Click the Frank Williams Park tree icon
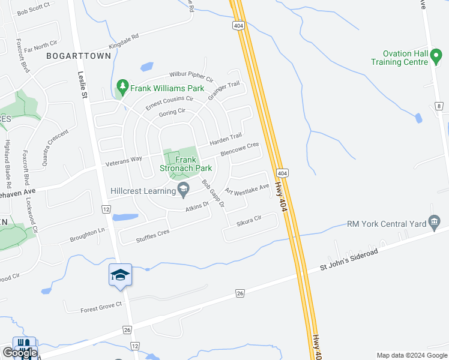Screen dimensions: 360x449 (122, 88)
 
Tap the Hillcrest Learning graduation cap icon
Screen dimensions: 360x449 (184, 191)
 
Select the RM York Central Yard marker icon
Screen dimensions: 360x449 (434, 223)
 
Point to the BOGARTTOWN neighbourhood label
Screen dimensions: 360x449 (79, 56)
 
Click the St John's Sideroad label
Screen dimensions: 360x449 (349, 260)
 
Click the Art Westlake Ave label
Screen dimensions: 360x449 (247, 190)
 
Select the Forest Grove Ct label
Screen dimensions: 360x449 (101, 307)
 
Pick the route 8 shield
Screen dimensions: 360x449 (439, 106)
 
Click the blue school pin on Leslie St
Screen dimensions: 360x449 (121, 275)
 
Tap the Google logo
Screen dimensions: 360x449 (20, 353)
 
